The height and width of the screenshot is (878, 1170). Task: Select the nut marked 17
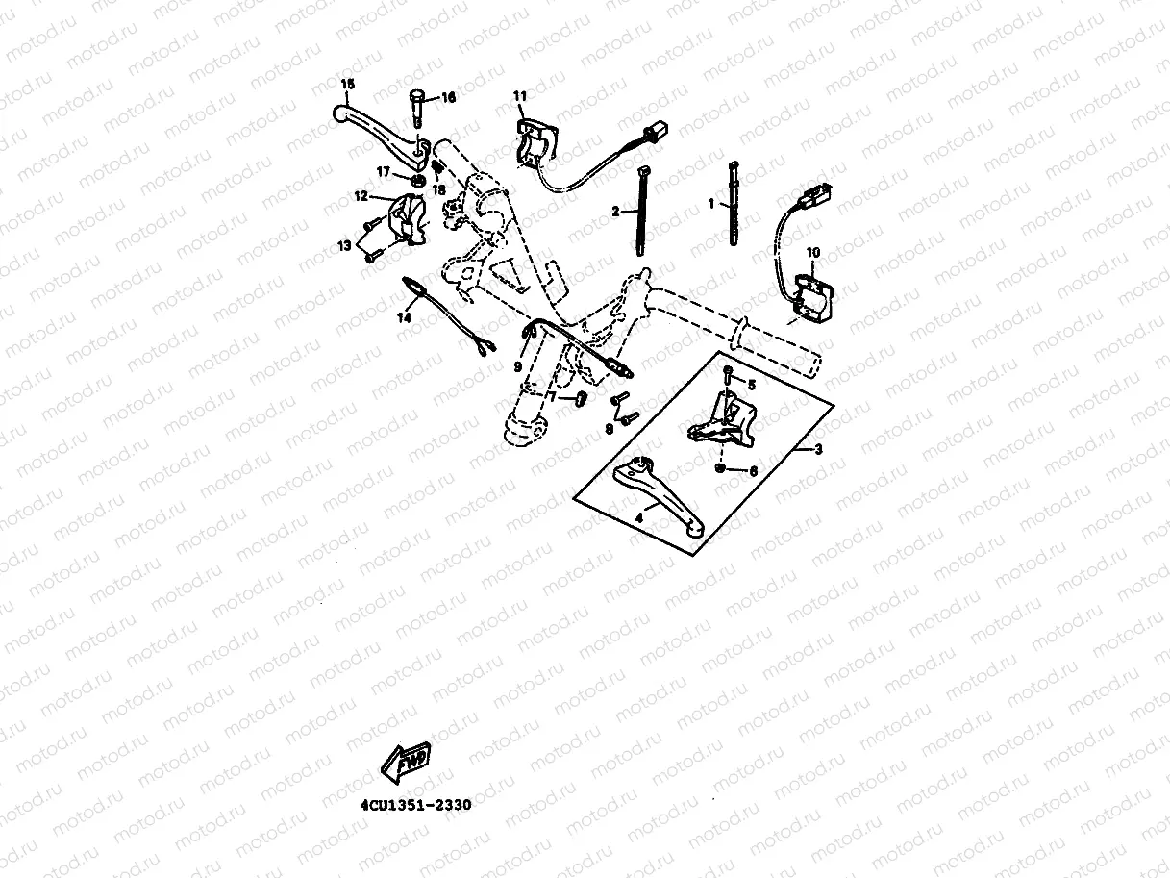click(419, 180)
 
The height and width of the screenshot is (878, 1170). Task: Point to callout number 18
click(439, 189)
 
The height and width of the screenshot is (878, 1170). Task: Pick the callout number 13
click(343, 247)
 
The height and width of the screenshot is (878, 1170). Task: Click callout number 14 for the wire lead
click(405, 316)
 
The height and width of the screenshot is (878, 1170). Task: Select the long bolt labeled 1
click(734, 208)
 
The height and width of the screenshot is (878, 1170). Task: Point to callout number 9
click(518, 366)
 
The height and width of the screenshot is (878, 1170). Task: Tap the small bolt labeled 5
click(727, 371)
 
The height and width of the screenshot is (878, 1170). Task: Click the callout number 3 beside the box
click(819, 450)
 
